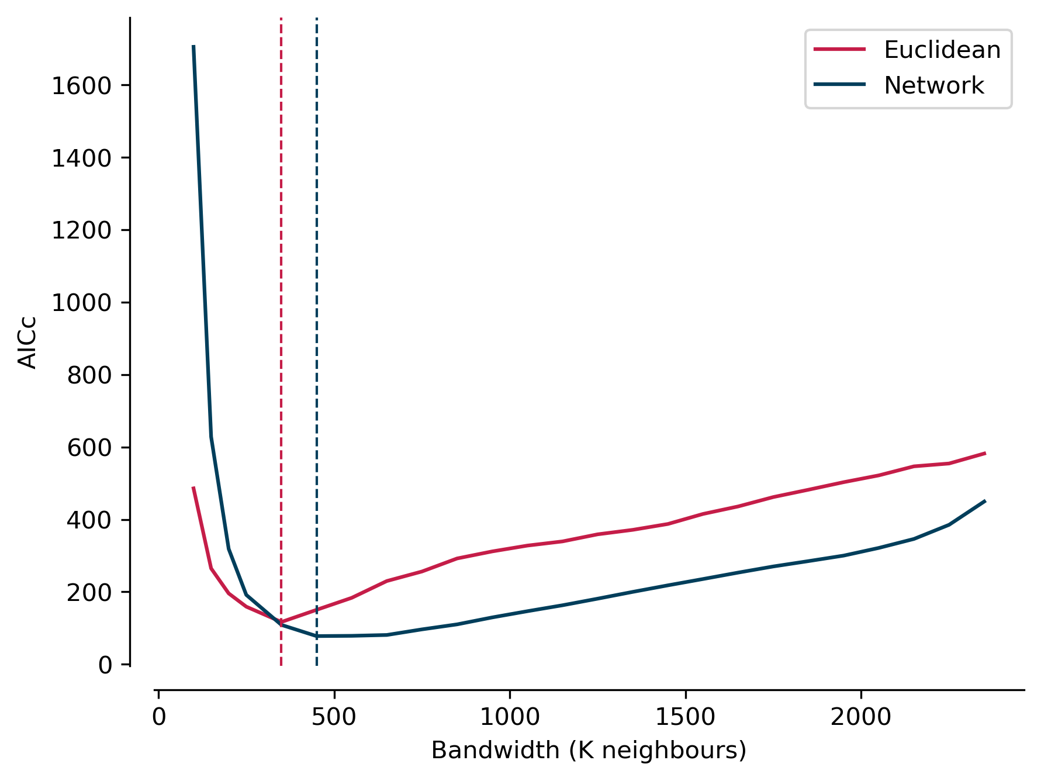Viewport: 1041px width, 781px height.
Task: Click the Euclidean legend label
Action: pyautogui.click(x=942, y=50)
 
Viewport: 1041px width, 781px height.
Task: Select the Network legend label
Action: pyautogui.click(x=933, y=85)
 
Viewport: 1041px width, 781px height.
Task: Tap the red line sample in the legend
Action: pyautogui.click(x=839, y=50)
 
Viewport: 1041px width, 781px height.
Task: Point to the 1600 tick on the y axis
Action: pyautogui.click(x=81, y=86)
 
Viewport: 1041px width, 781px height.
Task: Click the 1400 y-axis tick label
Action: pyautogui.click(x=81, y=158)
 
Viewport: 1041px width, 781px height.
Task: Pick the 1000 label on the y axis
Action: pyautogui.click(x=81, y=303)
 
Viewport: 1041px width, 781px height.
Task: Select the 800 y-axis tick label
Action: pyautogui.click(x=89, y=375)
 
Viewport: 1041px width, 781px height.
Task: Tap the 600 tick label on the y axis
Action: pyautogui.click(x=89, y=448)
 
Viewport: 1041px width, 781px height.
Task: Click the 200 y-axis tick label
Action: pyautogui.click(x=89, y=593)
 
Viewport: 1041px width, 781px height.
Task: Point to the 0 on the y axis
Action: pyautogui.click(x=105, y=665)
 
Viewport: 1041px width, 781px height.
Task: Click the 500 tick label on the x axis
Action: pyautogui.click(x=334, y=717)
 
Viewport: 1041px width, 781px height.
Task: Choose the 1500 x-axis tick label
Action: pyautogui.click(x=685, y=717)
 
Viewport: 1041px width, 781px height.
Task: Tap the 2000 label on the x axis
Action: pyautogui.click(x=861, y=717)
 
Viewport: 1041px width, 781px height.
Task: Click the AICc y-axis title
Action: pyautogui.click(x=27, y=343)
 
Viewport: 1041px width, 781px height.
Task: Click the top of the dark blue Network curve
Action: pyautogui.click(x=193, y=46)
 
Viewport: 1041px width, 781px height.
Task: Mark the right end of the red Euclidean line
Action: pyautogui.click(x=985, y=453)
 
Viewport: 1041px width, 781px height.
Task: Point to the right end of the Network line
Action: pyautogui.click(x=985, y=501)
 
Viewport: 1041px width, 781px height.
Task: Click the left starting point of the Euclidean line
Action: pyautogui.click(x=193, y=488)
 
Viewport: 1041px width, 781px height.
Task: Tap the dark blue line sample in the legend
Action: pyautogui.click(x=839, y=85)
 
